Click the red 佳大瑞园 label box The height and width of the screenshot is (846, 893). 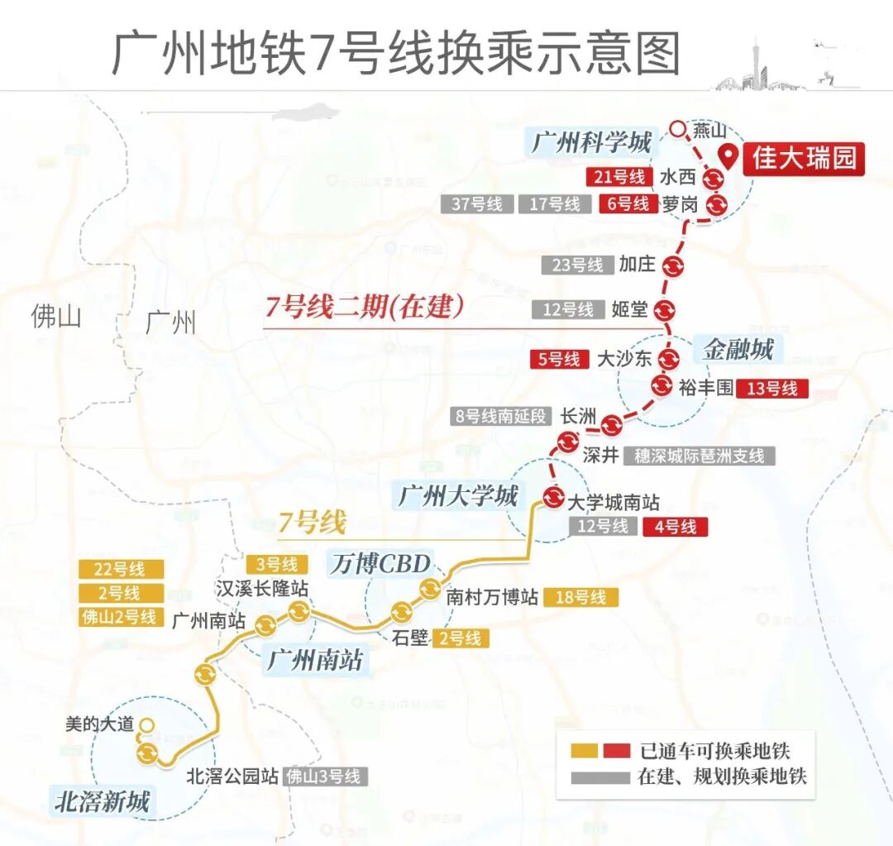pos(803,157)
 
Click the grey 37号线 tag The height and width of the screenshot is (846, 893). pos(477,204)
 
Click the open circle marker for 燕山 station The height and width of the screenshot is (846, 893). pos(678,129)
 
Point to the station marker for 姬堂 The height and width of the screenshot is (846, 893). pos(665,310)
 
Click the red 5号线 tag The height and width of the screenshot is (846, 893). pos(559,359)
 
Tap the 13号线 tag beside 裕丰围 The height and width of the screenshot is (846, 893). pos(771,388)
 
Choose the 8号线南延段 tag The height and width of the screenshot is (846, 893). pos(500,416)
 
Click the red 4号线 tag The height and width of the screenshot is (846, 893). pos(676,526)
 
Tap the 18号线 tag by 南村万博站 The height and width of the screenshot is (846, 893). pos(580,597)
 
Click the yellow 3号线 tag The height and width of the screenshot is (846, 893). pos(277,565)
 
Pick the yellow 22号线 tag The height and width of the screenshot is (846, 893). pos(119,569)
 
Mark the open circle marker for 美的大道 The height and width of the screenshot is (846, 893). pos(146,725)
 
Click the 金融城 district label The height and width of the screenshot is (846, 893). pos(738,349)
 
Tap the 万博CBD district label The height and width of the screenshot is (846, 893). pos(381,564)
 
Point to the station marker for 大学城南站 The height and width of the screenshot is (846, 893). pos(553,497)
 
